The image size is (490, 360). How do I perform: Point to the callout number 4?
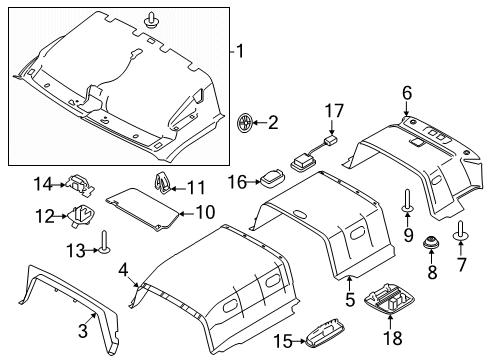(x=123, y=268)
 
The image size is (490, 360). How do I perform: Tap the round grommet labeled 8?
(x=430, y=243)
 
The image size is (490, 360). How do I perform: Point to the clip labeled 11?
(x=161, y=183)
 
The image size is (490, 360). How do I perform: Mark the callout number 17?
(x=332, y=111)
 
